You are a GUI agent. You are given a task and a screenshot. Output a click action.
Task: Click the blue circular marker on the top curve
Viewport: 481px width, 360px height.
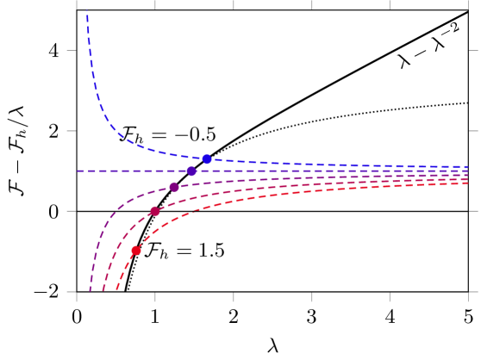pyautogui.click(x=207, y=159)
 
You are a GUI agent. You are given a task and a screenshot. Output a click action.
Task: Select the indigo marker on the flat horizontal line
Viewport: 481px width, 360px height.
pyautogui.click(x=191, y=171)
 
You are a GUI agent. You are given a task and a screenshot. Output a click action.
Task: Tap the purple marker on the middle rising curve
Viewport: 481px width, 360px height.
pyautogui.click(x=174, y=187)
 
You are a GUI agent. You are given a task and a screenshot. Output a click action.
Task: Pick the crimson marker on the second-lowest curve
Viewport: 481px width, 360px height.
pyautogui.click(x=154, y=211)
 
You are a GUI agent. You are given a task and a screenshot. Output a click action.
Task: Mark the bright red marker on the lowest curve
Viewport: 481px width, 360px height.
pyautogui.click(x=136, y=251)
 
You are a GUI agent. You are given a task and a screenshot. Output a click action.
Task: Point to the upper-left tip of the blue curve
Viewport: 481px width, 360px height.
pyautogui.click(x=87, y=11)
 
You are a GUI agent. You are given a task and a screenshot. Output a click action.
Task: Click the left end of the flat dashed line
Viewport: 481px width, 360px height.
pyautogui.click(x=78, y=171)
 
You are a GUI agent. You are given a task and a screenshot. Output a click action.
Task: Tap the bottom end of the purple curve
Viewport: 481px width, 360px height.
pyautogui.click(x=90, y=291)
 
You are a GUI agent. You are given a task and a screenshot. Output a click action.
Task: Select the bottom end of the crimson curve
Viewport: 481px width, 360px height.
pyautogui.click(x=103, y=291)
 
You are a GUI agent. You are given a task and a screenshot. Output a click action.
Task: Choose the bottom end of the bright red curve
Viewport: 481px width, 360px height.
pyautogui.click(x=117, y=291)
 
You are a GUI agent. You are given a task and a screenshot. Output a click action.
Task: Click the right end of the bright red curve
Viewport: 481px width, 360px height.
pyautogui.click(x=468, y=183)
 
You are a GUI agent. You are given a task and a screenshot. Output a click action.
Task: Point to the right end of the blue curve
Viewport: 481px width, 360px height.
pyautogui.click(x=468, y=167)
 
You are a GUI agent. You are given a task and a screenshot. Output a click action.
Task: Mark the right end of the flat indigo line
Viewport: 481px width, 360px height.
pyautogui.click(x=468, y=171)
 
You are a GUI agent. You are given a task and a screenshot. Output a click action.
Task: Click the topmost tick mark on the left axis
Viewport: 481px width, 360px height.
pyautogui.click(x=72, y=51)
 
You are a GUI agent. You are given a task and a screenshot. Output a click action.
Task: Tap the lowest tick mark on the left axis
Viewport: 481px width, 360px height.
pyautogui.click(x=72, y=292)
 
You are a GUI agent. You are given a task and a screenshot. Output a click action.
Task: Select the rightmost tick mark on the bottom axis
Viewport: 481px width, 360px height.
pyautogui.click(x=468, y=296)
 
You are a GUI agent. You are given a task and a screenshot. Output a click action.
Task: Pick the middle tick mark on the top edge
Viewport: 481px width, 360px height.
pyautogui.click(x=233, y=4)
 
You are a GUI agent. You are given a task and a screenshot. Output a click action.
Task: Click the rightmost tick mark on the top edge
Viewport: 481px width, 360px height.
pyautogui.click(x=390, y=4)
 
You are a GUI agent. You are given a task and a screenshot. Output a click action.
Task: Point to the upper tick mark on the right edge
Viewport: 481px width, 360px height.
pyautogui.click(x=473, y=131)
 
